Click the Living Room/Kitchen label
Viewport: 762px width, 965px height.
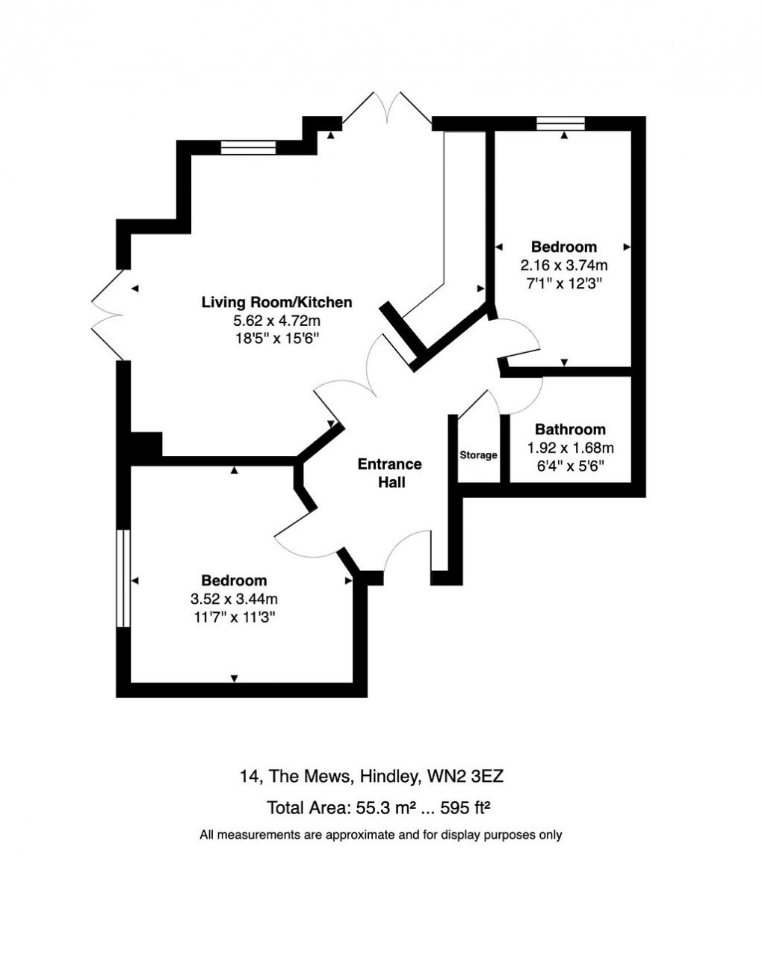tap(276, 303)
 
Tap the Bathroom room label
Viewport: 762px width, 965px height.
tap(570, 430)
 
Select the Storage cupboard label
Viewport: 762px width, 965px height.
tap(478, 455)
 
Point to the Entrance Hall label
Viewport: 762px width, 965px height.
tap(389, 473)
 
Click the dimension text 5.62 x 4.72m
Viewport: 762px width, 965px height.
tap(276, 321)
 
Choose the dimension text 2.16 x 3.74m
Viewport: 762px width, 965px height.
tap(564, 265)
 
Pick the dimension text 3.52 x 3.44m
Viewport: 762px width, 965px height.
tap(234, 599)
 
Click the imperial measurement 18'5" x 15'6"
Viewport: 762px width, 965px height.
tap(276, 339)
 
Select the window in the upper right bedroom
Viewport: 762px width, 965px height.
tap(560, 124)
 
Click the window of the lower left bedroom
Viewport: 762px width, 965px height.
tap(123, 579)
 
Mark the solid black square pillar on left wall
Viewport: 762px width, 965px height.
tap(145, 446)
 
